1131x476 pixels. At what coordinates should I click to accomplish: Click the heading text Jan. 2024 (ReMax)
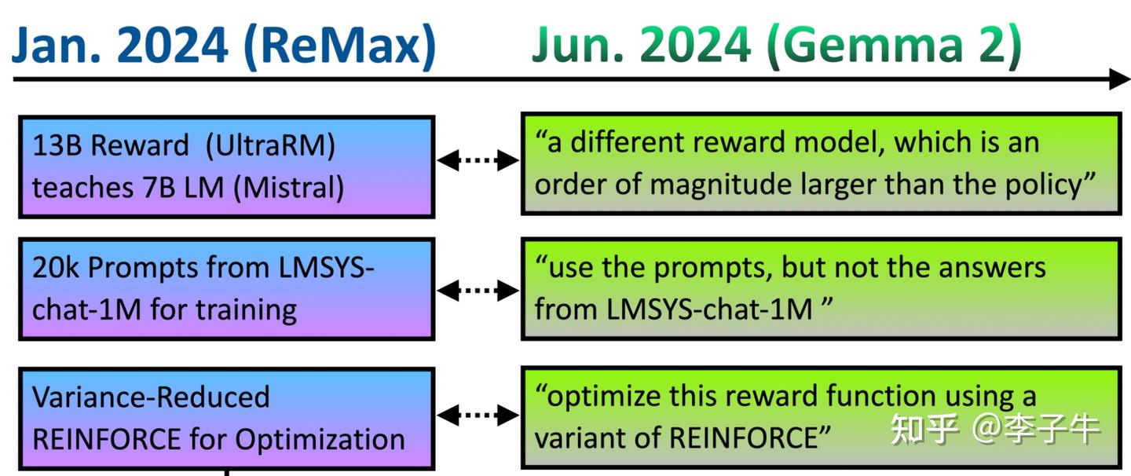[223, 46]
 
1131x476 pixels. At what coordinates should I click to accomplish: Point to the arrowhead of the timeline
[1118, 79]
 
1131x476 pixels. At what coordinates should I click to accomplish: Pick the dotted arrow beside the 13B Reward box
[478, 161]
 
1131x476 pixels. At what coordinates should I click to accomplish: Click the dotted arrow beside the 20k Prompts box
[478, 291]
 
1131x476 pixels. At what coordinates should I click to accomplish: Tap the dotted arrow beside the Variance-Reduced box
[478, 414]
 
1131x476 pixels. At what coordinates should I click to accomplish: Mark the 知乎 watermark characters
[924, 428]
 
